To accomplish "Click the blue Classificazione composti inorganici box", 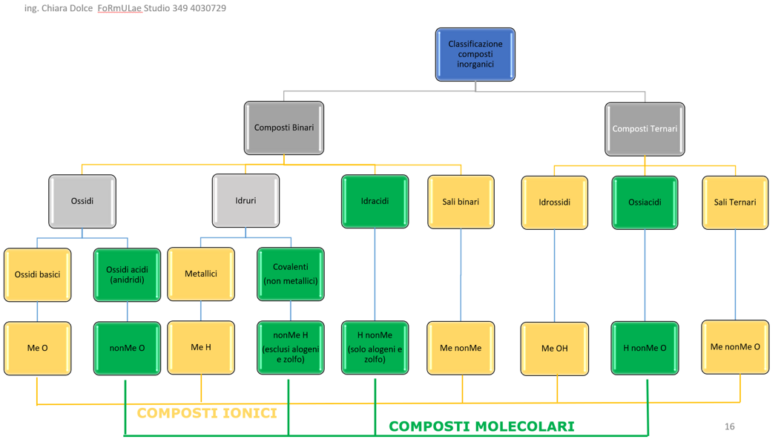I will coord(475,54).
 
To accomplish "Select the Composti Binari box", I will coord(283,128).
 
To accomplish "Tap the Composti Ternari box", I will coord(645,128).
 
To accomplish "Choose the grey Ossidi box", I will coord(82,201).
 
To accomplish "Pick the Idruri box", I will coord(246,201).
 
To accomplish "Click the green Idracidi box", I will coord(375,201).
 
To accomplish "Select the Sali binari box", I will coord(461,202).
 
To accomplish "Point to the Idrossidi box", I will coord(554,202).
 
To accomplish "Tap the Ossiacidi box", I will coord(645,202).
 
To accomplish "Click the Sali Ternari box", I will coord(735,202).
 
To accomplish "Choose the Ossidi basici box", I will coord(38,274).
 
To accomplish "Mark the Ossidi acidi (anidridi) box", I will coord(127,274).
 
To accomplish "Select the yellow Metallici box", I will coord(201,274).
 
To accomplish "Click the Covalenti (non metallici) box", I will coord(291,274).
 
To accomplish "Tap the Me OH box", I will coord(554,349).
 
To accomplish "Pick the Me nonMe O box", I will coord(735,347).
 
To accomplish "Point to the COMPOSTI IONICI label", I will coord(207,413).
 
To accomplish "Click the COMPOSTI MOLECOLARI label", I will coord(481,426).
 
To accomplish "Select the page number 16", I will coord(729,426).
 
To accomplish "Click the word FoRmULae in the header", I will coord(119,8).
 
